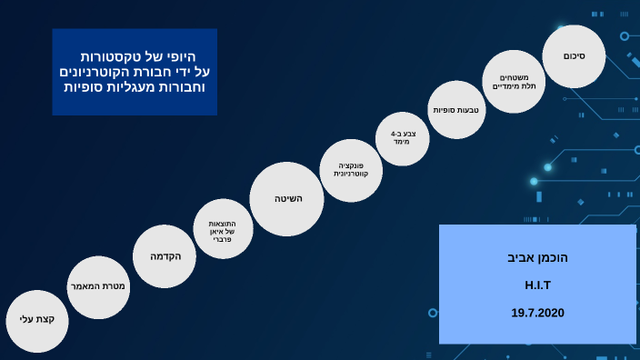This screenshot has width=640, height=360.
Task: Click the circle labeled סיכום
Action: click(574, 56)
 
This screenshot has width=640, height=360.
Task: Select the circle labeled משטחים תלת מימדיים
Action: click(514, 82)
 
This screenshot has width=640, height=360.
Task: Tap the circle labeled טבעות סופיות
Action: click(455, 110)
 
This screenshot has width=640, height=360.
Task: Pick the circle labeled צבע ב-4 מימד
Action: click(403, 138)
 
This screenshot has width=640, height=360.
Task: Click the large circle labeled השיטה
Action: click(287, 199)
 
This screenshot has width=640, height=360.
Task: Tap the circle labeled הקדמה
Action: click(165, 256)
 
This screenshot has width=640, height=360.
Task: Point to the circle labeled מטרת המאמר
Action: click(98, 287)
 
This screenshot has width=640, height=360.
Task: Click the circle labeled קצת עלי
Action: click(37, 320)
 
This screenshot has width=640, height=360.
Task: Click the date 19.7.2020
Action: click(538, 313)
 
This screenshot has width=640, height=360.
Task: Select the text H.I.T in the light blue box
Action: click(538, 285)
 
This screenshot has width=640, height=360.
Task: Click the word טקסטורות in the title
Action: click(111, 56)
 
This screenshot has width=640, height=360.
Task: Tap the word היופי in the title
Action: click(181, 56)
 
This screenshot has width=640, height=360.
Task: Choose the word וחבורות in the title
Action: click(183, 87)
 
